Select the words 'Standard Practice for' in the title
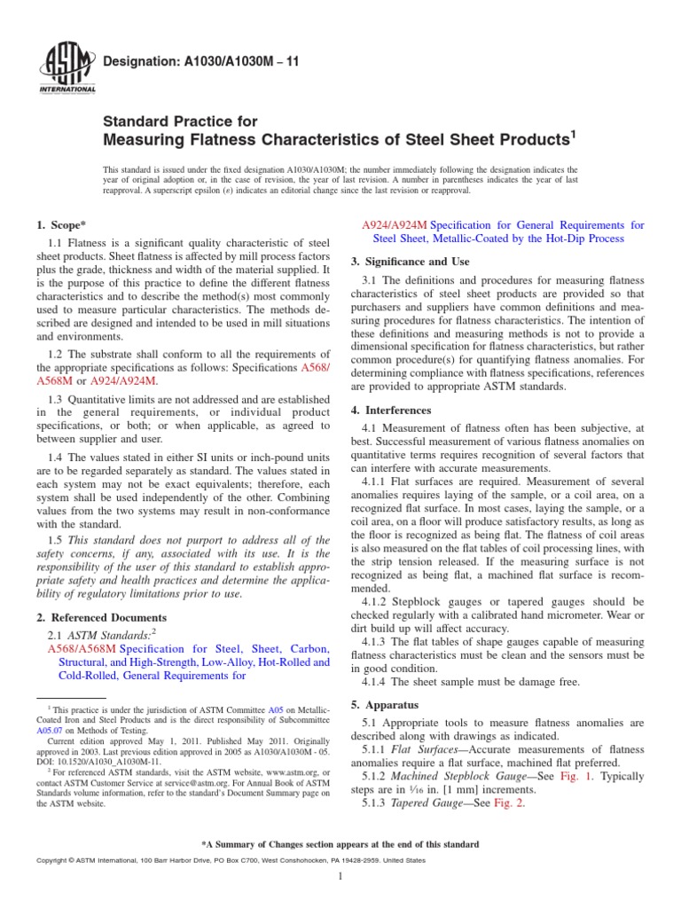[x=181, y=121]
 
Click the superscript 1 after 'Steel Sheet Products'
[x=573, y=136]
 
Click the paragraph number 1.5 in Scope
[x=55, y=540]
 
